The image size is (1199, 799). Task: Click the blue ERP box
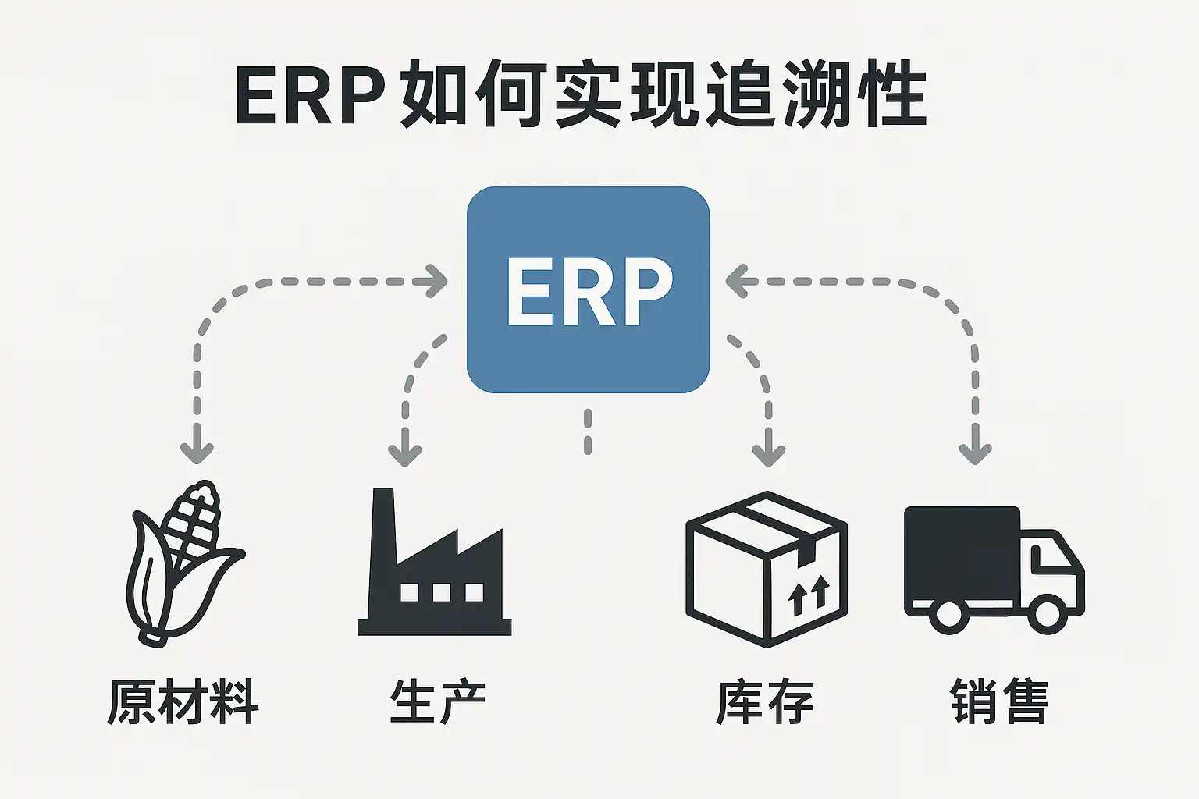588,289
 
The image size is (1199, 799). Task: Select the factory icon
434,570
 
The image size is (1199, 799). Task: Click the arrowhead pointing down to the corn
197,451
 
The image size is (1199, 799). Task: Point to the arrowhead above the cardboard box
768,453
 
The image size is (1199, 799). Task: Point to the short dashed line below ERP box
588,431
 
